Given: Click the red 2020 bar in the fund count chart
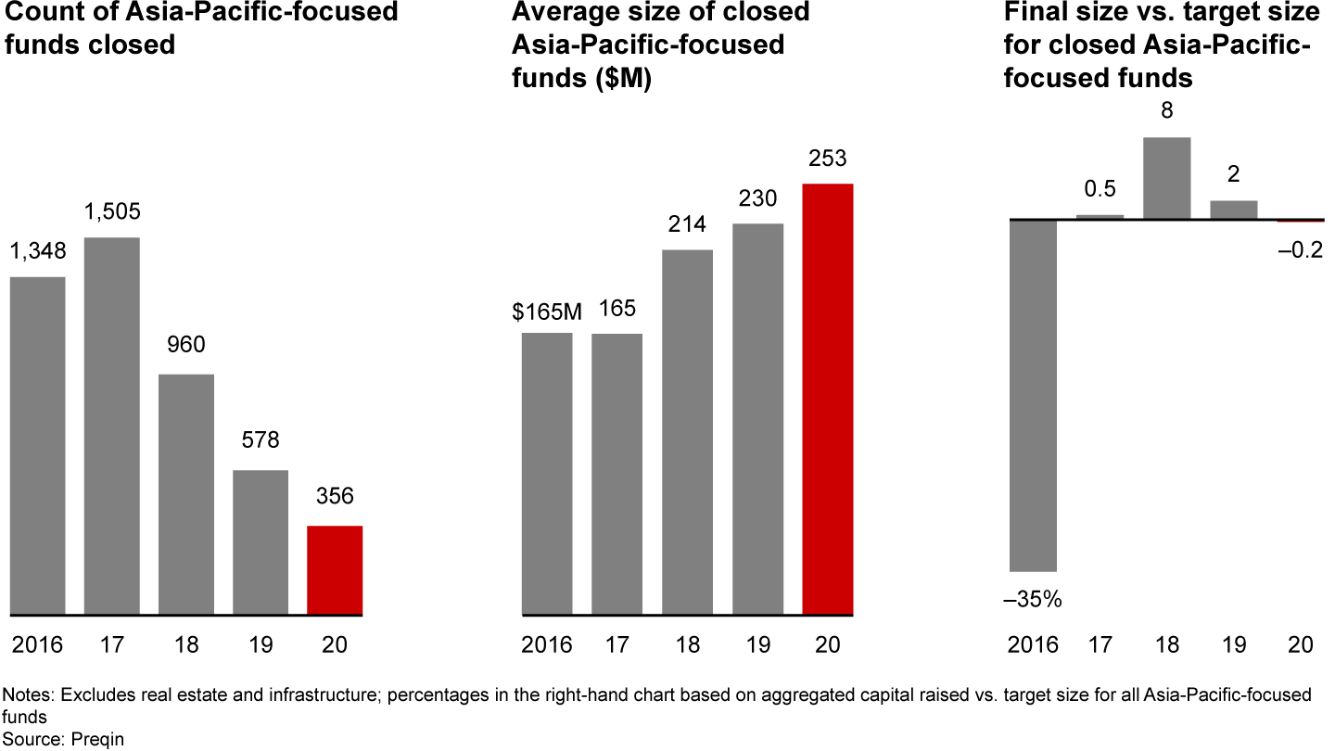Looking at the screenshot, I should (335, 569).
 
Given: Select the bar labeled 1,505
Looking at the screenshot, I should (112, 426).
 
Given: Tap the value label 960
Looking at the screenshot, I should (186, 345).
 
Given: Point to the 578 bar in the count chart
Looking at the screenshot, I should (261, 541).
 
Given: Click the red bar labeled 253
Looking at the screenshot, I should (828, 399).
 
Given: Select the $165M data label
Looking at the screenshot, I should (547, 312).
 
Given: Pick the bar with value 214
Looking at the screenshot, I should (687, 431).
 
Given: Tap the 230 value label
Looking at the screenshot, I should (757, 198).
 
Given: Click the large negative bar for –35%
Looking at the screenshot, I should (1033, 395).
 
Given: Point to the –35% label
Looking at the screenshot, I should (1033, 600).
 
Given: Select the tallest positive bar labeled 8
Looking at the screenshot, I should (1167, 178).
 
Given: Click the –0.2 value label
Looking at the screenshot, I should (1301, 251).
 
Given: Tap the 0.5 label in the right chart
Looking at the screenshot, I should (1100, 189).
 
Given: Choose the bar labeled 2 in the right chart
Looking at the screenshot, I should (1234, 210).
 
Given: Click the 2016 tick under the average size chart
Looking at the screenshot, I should (547, 644).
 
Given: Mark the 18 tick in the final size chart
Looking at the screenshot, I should (1167, 644).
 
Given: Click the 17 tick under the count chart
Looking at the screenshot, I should (112, 644).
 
